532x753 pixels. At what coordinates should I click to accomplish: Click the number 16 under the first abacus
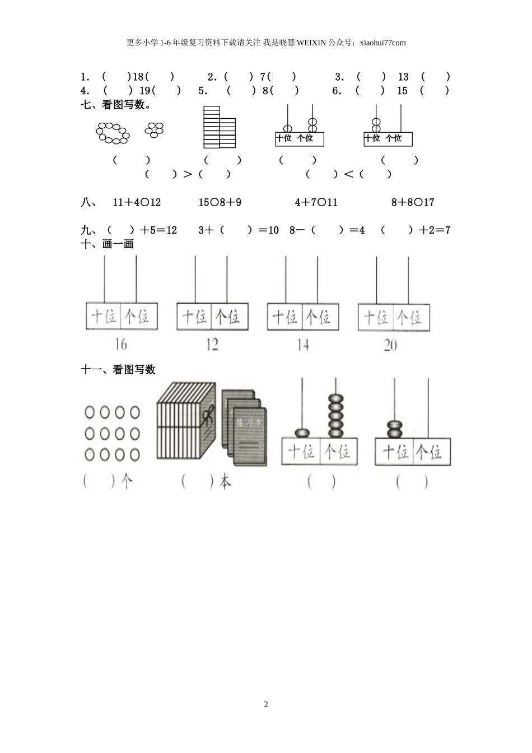(x=120, y=344)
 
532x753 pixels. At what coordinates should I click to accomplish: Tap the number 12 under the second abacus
(x=212, y=344)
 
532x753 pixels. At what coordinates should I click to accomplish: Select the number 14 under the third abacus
(x=302, y=344)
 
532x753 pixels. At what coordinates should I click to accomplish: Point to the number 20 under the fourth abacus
(x=390, y=345)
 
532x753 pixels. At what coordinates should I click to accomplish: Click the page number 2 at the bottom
(x=266, y=704)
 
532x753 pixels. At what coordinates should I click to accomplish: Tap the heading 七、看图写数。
(x=116, y=104)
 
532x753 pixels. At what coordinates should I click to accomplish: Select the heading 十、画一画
(x=108, y=244)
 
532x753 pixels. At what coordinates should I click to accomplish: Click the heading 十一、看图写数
(x=118, y=369)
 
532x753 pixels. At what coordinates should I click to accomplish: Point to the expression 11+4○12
(x=137, y=202)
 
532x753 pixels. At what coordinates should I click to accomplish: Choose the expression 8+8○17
(x=413, y=202)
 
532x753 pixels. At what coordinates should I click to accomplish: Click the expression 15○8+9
(x=220, y=202)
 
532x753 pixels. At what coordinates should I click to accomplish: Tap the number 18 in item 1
(x=138, y=77)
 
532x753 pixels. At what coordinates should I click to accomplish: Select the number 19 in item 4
(x=144, y=91)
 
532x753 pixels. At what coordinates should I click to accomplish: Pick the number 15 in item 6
(x=402, y=91)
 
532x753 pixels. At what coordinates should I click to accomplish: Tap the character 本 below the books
(x=225, y=481)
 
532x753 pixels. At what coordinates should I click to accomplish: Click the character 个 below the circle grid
(x=127, y=481)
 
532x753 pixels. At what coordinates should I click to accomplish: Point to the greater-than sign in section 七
(x=188, y=174)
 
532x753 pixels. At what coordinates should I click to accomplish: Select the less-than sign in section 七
(x=348, y=174)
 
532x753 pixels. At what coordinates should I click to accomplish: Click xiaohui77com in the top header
(x=382, y=43)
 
